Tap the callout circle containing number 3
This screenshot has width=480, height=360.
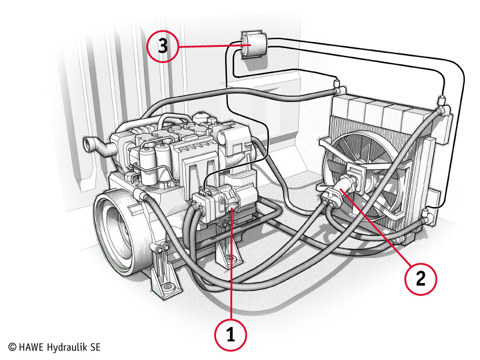point(164,47)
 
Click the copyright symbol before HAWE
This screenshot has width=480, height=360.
point(12,347)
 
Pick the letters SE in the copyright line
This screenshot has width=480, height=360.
point(95,347)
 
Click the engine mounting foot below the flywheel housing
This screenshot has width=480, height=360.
point(165,282)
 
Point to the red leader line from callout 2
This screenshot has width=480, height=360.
point(379,231)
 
